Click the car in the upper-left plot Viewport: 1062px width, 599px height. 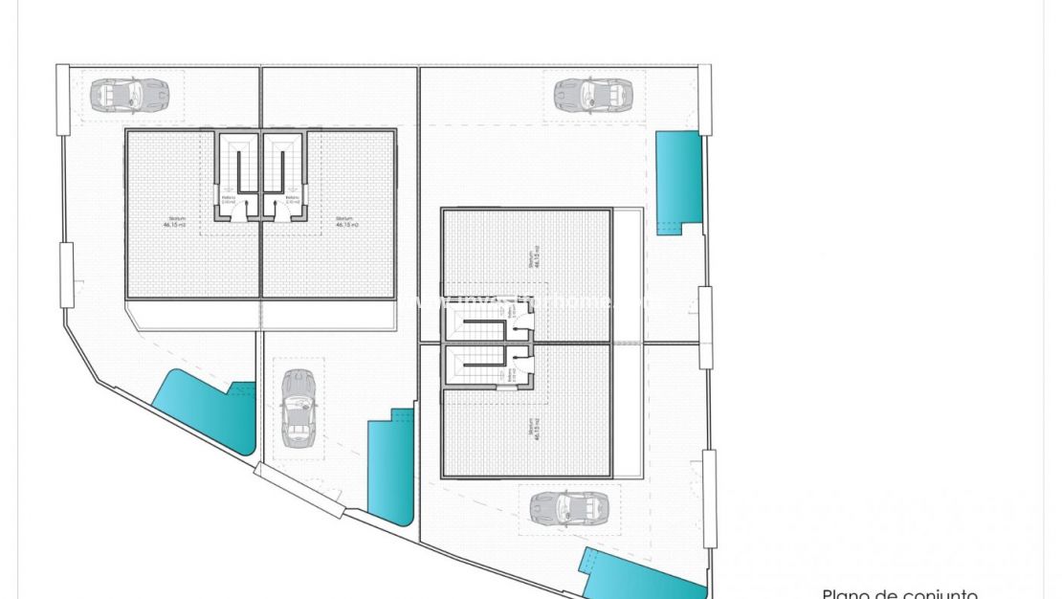[129, 94]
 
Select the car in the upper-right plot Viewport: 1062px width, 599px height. [593, 94]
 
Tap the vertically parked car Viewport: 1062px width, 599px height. [298, 409]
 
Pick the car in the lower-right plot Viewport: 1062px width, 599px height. [569, 506]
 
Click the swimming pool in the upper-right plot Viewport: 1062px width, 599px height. [678, 181]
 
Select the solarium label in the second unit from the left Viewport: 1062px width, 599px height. [346, 222]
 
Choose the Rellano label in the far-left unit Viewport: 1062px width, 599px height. [228, 201]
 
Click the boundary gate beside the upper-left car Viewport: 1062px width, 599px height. [63, 99]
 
